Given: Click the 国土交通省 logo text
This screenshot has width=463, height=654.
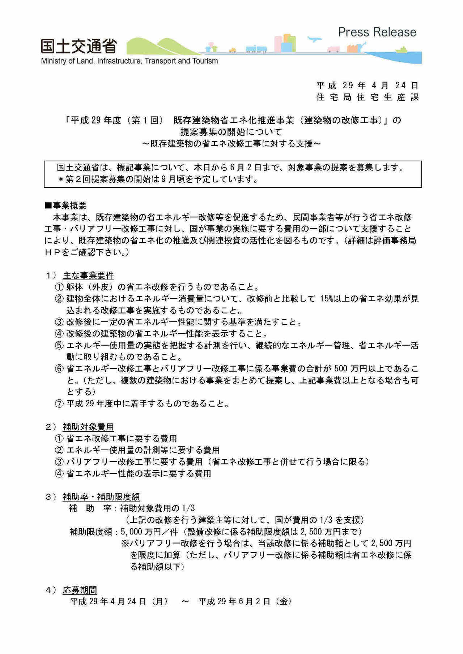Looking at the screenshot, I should tap(78, 46).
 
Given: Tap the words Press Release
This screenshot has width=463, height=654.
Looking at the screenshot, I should tap(377, 32).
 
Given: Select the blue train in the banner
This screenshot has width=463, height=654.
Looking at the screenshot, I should tap(256, 49).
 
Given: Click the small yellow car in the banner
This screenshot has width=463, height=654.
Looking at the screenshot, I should tap(232, 50).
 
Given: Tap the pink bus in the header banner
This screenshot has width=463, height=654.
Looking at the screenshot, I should tap(333, 49).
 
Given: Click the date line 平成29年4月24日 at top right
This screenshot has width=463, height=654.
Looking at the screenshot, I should tap(367, 85).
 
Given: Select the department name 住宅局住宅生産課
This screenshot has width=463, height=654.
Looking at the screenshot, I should tap(367, 97).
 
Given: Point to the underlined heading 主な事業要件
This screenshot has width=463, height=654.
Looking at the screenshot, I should tap(88, 276).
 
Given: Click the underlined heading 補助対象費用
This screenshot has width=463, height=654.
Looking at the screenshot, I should tap(88, 427).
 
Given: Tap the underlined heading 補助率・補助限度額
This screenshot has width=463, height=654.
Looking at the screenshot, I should tap(101, 497).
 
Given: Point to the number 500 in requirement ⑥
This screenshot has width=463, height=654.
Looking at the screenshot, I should tap(341, 369).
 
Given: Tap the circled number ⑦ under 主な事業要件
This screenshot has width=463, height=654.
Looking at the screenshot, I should tap(59, 404).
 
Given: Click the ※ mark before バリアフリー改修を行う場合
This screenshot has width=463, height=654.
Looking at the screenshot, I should tap(125, 543).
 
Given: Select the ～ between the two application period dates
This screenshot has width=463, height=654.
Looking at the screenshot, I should tap(185, 602).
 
